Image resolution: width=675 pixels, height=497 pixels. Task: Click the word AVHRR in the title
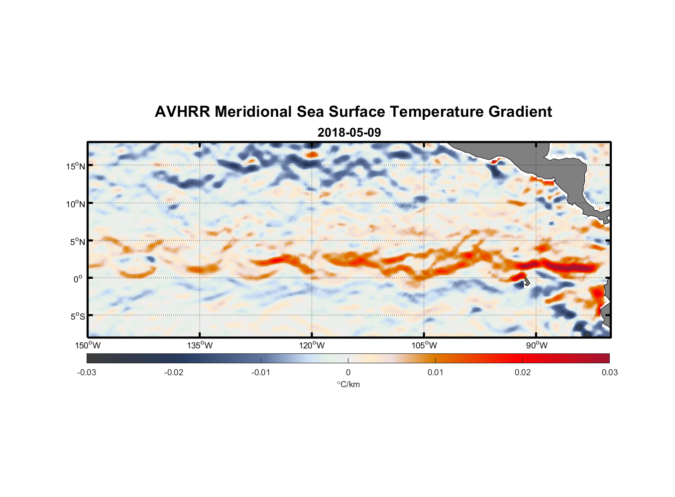182,112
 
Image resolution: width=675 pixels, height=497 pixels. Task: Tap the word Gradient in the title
520,112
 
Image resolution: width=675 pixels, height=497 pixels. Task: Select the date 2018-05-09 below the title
349,133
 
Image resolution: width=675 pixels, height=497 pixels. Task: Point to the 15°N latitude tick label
76,166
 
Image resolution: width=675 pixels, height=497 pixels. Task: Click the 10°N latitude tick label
76,204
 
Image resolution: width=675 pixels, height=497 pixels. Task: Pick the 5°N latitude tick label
77,242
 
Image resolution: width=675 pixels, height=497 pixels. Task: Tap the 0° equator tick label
78,279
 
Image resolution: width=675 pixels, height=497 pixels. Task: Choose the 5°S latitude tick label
77,317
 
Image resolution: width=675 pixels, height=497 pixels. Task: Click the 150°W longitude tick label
88,345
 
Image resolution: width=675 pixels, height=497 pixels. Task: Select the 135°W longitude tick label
200,345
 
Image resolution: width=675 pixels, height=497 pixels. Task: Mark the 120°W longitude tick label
312,345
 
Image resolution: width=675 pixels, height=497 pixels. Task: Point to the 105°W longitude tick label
424,345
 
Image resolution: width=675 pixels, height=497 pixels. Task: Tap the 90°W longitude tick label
537,345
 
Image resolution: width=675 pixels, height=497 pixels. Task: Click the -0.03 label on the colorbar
87,372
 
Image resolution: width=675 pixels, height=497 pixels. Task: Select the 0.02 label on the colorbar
523,372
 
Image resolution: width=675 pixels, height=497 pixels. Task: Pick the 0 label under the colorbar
348,372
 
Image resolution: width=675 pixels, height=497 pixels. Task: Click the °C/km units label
348,384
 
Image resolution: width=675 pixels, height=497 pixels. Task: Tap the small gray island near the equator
526,282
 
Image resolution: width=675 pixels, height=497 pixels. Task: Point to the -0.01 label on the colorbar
261,372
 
